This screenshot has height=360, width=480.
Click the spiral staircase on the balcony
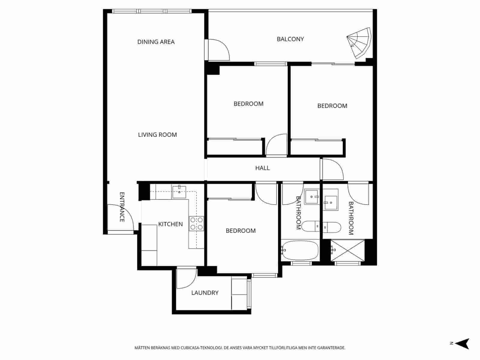coord(360,43)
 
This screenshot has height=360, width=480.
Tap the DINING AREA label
coord(156,42)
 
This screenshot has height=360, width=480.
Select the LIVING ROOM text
coord(157,135)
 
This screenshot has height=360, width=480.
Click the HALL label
coord(262,168)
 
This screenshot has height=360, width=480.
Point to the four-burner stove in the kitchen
coord(196,224)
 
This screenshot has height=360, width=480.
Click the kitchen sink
coord(179,192)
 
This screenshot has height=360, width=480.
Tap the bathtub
coord(300,250)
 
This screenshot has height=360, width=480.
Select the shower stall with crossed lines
coord(347,250)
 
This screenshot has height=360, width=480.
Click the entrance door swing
coord(120,217)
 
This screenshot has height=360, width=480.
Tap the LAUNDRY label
coord(205,293)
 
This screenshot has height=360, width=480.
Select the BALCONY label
coord(290,39)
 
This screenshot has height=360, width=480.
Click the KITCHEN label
coord(170,224)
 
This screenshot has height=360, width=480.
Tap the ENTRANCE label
coord(122,207)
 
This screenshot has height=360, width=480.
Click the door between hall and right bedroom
coord(331,170)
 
